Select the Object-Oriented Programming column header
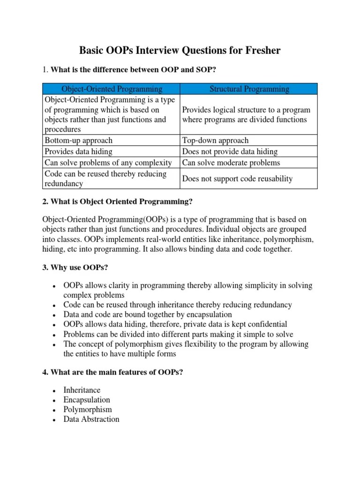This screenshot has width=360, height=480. tap(112, 89)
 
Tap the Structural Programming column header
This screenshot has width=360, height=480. tap(249, 89)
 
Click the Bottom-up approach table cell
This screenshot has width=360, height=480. tap(78, 140)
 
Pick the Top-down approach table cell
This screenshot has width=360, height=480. tap(215, 140)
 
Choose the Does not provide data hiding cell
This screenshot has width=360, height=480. tap(230, 151)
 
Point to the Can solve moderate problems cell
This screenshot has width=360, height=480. tap(231, 163)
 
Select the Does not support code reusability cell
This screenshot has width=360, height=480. tap(237, 179)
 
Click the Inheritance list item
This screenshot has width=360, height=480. tap(82, 390)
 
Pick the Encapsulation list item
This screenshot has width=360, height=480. tap(87, 400)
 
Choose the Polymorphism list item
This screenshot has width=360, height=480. tap(88, 410)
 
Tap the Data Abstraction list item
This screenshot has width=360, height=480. tap(91, 420)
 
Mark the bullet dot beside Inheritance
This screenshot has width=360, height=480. tap(55, 390)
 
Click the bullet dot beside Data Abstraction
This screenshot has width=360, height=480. tap(55, 420)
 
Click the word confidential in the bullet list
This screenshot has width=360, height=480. tap(267, 324)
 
